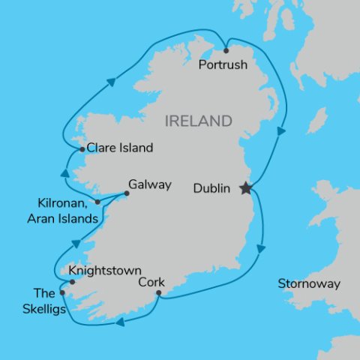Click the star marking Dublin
tap(245, 188)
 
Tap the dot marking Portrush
tap(226, 51)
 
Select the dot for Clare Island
tap(82, 149)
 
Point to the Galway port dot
tap(126, 194)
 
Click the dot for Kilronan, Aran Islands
tap(97, 202)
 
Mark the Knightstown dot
tap(72, 282)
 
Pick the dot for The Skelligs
tap(62, 292)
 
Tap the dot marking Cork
tap(159, 293)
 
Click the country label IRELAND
tap(199, 121)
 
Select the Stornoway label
tap(309, 284)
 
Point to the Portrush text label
tap(223, 65)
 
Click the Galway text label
tap(150, 184)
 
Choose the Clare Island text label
tap(120, 148)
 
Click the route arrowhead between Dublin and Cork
tap(262, 248)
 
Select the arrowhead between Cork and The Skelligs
tap(120, 322)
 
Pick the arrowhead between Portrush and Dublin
tap(281, 131)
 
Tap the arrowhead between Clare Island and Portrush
tap(111, 81)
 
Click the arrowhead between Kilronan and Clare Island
tap(64, 174)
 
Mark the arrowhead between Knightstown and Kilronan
tap(76, 244)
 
